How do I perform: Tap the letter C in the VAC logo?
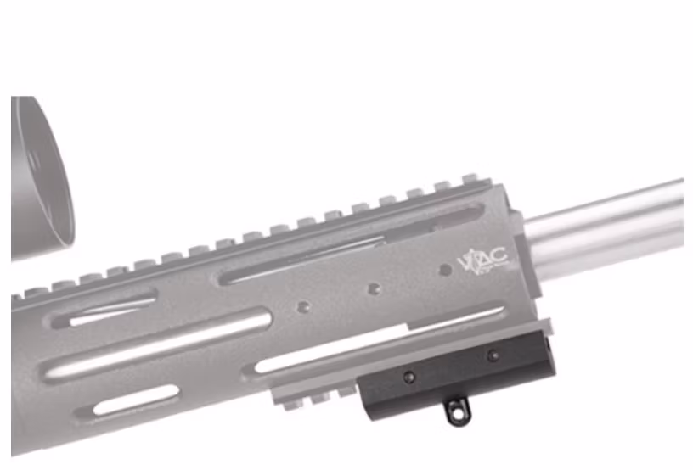tap(498, 255)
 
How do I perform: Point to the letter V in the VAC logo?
tap(465, 260)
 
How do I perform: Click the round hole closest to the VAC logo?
tap(444, 271)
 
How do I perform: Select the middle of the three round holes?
tap(373, 289)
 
